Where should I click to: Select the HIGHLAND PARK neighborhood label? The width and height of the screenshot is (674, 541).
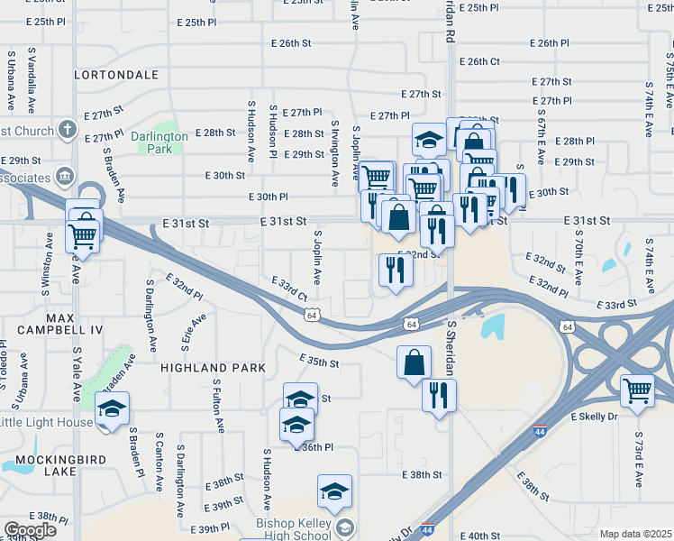point(213,368)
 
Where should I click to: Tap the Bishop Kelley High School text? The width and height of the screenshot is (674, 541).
point(295,527)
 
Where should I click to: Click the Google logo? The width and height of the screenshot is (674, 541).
point(30,530)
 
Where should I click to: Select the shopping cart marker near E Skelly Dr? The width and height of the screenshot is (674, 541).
point(637,390)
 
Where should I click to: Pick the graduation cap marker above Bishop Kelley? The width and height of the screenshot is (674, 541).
point(334,491)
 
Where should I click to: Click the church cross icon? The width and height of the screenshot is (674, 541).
point(67,130)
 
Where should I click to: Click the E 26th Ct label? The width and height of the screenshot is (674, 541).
point(479,61)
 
